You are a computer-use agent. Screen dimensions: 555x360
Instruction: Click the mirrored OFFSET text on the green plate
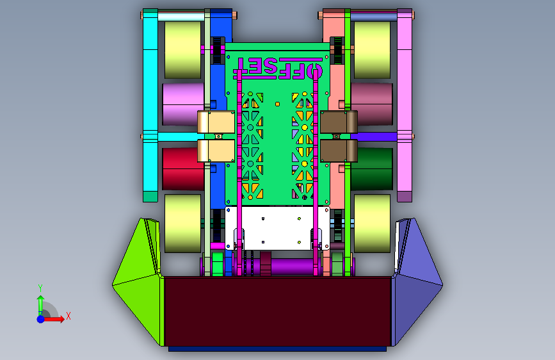point(278,69)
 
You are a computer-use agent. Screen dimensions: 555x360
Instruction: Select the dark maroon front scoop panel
point(278,312)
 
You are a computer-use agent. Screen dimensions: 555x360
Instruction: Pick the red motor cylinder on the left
point(183,168)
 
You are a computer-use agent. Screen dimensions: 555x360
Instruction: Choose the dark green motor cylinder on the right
point(372,168)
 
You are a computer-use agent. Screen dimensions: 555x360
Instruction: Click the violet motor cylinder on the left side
point(183,104)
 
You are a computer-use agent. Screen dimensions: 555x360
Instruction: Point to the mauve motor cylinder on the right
point(372,104)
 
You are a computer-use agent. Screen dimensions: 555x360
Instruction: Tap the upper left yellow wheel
point(182,50)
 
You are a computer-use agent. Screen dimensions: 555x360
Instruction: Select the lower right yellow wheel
point(372,224)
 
